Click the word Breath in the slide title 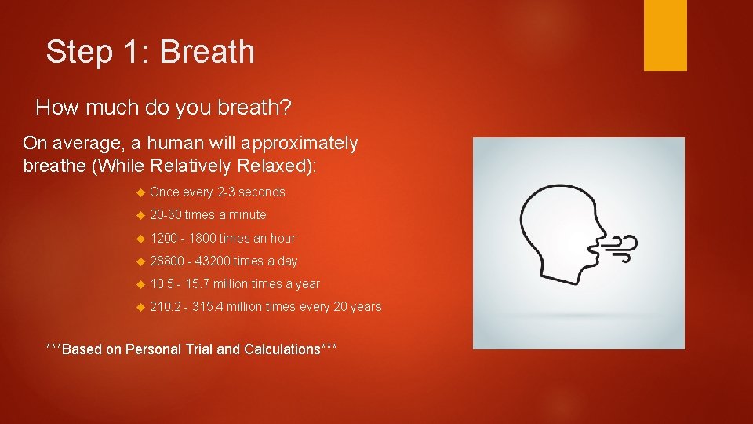(x=207, y=52)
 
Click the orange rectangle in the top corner (x=665, y=35)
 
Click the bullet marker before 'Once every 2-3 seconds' (x=140, y=192)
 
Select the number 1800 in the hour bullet (x=202, y=238)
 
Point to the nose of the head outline (x=599, y=230)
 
